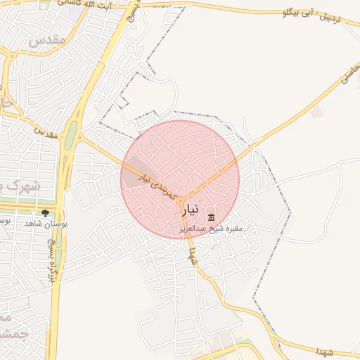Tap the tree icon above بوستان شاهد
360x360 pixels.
tap(46, 212)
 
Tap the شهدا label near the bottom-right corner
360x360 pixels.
tap(328, 350)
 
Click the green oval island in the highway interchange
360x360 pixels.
tap(71, 137)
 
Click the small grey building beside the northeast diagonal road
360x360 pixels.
tap(318, 112)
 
